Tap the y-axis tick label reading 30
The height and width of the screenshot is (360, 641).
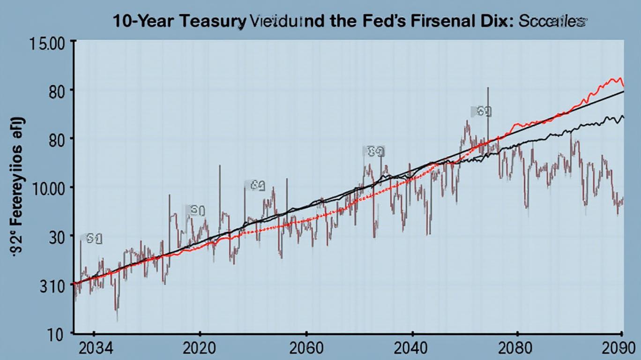coord(59,236)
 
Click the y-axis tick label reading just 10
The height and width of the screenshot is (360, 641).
coord(59,334)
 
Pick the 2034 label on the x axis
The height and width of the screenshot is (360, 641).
coord(94,349)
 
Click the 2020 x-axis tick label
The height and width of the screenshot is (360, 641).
coord(200,349)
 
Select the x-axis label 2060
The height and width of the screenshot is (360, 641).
coord(306,349)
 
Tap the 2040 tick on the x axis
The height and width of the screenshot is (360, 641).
coord(412,349)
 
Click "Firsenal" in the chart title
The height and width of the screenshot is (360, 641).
coord(450,22)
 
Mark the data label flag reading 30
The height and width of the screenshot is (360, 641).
coord(196,211)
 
